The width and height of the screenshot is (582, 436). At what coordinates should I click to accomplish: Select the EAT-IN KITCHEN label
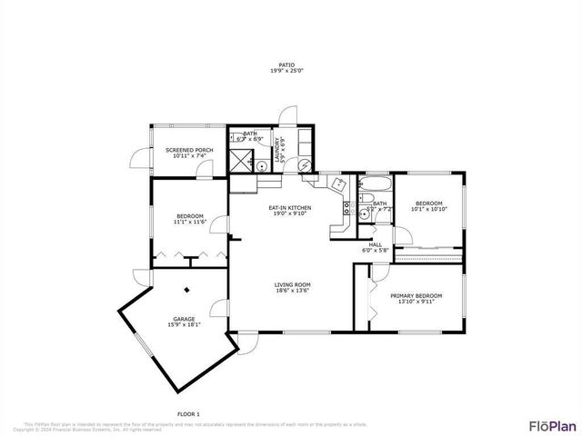(290, 208)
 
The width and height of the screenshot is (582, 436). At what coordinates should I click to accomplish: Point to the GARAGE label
(185, 319)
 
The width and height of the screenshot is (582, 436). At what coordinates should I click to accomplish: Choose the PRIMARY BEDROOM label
(416, 296)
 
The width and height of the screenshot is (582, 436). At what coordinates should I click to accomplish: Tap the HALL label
(374, 244)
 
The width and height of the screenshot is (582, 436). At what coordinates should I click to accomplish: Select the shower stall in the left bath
(241, 162)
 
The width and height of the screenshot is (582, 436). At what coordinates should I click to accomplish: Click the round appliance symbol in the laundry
(306, 164)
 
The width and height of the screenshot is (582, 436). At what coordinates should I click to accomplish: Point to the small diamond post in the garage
(187, 291)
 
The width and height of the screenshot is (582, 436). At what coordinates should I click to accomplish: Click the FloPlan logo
(552, 425)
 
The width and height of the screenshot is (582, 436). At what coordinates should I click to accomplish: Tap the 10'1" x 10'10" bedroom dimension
(429, 210)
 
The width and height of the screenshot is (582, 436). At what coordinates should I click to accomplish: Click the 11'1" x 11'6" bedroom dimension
(190, 221)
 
